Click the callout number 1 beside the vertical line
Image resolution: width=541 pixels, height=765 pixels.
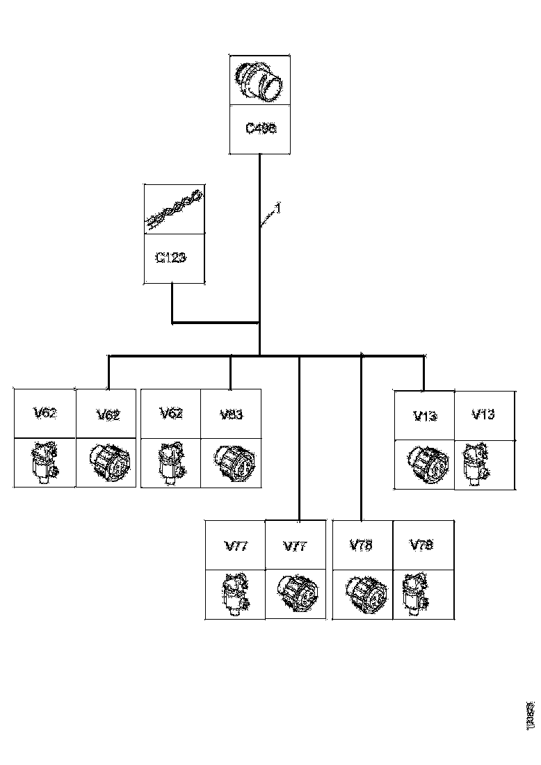(x=277, y=208)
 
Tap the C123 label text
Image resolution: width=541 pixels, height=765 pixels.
(x=171, y=257)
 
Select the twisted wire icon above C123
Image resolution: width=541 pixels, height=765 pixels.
(x=174, y=209)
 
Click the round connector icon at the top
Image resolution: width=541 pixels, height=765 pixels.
(x=260, y=81)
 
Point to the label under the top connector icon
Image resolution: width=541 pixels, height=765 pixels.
(x=261, y=129)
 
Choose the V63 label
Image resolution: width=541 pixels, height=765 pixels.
(x=231, y=414)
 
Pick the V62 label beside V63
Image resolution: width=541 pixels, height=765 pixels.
(x=171, y=414)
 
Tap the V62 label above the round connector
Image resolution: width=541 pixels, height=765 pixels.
(x=108, y=415)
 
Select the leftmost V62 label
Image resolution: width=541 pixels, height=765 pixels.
(x=45, y=413)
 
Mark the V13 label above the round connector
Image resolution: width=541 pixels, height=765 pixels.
(x=424, y=417)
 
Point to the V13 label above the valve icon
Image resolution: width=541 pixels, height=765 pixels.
(x=483, y=414)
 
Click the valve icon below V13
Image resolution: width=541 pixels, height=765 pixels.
(x=478, y=464)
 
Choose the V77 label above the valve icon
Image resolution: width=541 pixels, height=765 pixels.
(x=235, y=546)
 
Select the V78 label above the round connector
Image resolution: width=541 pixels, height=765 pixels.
(x=361, y=545)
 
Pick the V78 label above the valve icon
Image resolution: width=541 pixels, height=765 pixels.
(x=421, y=545)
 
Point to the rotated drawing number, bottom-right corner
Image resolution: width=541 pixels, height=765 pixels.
(x=531, y=715)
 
